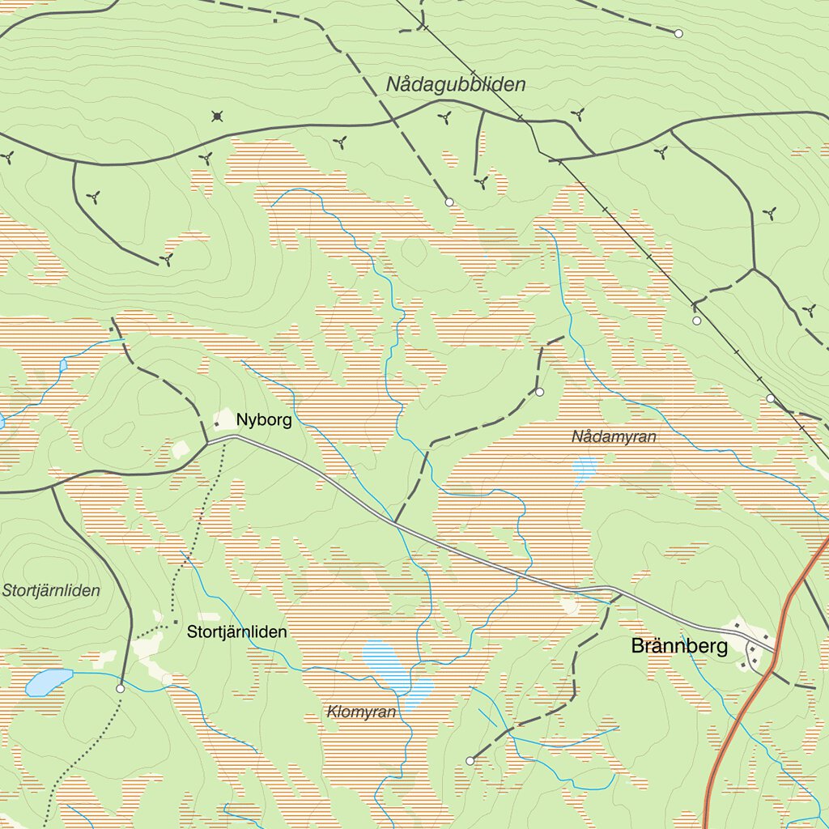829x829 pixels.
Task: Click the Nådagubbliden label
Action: [456, 84]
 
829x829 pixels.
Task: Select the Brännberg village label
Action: [679, 646]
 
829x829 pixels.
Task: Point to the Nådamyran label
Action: [614, 437]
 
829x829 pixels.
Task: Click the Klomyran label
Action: [361, 712]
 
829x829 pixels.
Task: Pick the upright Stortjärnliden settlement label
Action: [236, 631]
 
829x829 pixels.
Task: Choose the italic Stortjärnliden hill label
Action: [51, 590]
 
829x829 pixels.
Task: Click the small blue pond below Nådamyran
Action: [584, 468]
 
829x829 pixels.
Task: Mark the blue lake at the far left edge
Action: [47, 682]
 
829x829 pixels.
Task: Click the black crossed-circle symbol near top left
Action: [217, 116]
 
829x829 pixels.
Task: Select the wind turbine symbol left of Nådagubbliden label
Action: [340, 142]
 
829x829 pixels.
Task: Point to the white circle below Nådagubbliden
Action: [449, 202]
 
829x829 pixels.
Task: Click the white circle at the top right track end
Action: [678, 33]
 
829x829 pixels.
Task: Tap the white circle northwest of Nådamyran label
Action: [540, 392]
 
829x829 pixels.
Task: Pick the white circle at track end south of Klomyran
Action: [470, 760]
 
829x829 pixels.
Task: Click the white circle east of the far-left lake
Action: [121, 688]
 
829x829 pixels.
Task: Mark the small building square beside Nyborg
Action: [216, 423]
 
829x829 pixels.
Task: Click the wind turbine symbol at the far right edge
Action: [808, 309]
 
